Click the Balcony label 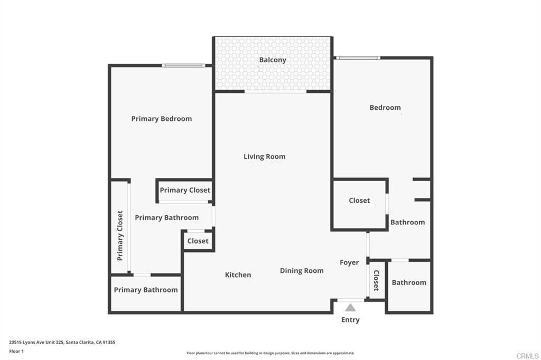pos(273,60)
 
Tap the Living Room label pos(264,157)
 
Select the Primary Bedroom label pos(162,119)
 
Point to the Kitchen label pos(238,275)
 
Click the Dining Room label pos(302,271)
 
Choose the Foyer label pos(349,263)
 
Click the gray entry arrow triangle pos(350,308)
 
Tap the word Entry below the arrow pos(350,320)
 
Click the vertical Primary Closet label pos(120,235)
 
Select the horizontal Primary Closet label pos(185,191)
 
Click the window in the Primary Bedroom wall pos(183,65)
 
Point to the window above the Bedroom pos(358,58)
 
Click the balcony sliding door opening pos(275,92)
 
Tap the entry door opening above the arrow pos(351,300)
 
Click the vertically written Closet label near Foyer pos(376,280)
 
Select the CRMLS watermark pos(527,356)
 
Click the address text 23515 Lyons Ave pos(36,343)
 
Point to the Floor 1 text pos(16,352)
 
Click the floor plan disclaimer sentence pos(270,353)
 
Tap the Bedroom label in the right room pos(385,108)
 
